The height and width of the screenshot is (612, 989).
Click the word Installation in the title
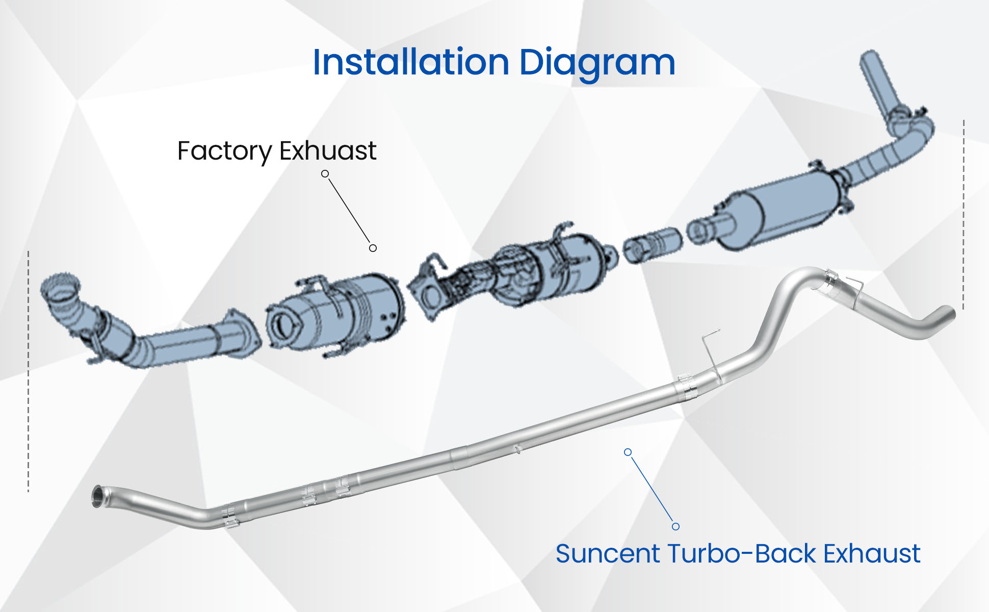tap(411, 62)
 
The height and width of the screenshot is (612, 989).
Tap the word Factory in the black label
tap(225, 151)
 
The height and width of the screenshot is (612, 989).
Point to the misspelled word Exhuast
tap(328, 150)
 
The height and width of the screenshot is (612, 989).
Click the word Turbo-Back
tap(742, 554)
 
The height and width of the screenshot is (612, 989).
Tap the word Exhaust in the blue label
tap(872, 554)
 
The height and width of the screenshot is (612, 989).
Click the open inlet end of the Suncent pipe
tap(96, 496)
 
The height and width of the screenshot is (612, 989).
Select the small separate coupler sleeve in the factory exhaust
tap(653, 245)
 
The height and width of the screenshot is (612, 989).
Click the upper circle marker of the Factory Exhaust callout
tap(325, 174)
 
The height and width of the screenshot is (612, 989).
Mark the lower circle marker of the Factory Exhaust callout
tap(373, 248)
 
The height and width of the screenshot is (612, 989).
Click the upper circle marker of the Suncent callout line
tap(628, 452)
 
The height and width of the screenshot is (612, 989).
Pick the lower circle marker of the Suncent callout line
tap(675, 526)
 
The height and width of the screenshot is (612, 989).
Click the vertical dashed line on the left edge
tap(29, 371)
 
